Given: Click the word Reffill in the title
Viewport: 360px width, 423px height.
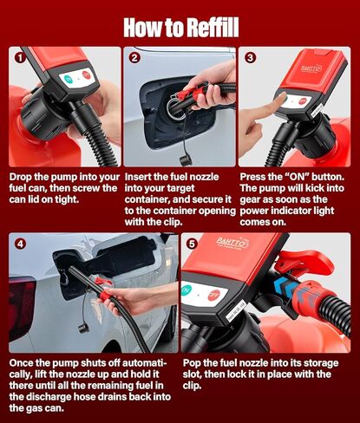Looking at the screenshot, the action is [x=213, y=27].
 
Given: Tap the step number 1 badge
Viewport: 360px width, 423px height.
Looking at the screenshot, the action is [x=19, y=58].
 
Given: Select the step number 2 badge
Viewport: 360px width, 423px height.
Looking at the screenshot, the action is [x=134, y=58].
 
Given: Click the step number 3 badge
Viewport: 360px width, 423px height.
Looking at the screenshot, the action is [x=250, y=58].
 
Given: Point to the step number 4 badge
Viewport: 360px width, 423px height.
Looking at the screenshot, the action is [x=20, y=244].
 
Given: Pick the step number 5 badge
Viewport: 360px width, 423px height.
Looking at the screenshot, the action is [x=192, y=244].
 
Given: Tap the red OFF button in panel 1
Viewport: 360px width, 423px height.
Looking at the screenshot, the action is [x=86, y=75].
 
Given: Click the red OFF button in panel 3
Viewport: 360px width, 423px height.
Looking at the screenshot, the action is [x=303, y=101].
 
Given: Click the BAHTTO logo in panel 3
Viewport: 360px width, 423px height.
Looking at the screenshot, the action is [x=311, y=68].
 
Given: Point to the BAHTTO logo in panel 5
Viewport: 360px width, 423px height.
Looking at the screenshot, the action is [x=232, y=243].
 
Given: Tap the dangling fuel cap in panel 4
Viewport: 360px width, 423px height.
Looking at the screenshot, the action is [x=83, y=328].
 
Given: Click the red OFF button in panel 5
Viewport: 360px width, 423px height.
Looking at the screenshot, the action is [x=214, y=295].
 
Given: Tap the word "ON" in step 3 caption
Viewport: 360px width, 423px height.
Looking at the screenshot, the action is [x=298, y=177].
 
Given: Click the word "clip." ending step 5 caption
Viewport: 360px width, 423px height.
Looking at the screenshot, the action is [x=192, y=386].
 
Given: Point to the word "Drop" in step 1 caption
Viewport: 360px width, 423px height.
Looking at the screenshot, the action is [x=20, y=177].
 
